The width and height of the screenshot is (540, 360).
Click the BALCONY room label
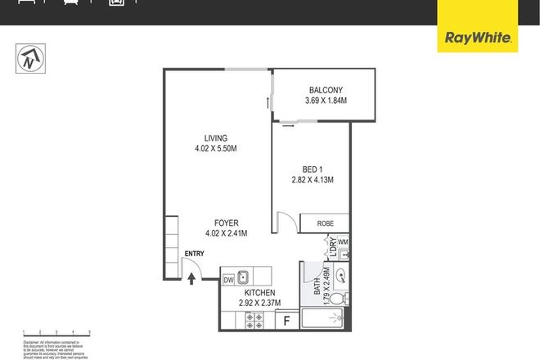tap(326, 90)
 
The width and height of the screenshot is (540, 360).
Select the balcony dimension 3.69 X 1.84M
tap(326, 101)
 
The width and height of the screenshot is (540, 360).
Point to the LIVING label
tap(216, 138)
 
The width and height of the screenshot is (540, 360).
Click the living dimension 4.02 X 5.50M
tap(216, 149)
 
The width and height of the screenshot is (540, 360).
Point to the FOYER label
tap(227, 222)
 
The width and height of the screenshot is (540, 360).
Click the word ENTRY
tap(195, 254)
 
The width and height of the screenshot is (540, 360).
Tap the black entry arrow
tap(192, 278)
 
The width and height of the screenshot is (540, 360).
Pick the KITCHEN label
tap(259, 292)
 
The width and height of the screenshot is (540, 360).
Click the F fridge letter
tap(286, 320)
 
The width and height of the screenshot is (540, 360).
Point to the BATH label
tap(317, 287)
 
